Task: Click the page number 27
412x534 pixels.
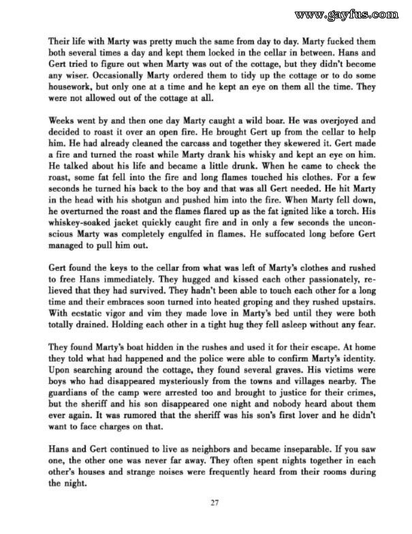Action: point(214,504)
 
